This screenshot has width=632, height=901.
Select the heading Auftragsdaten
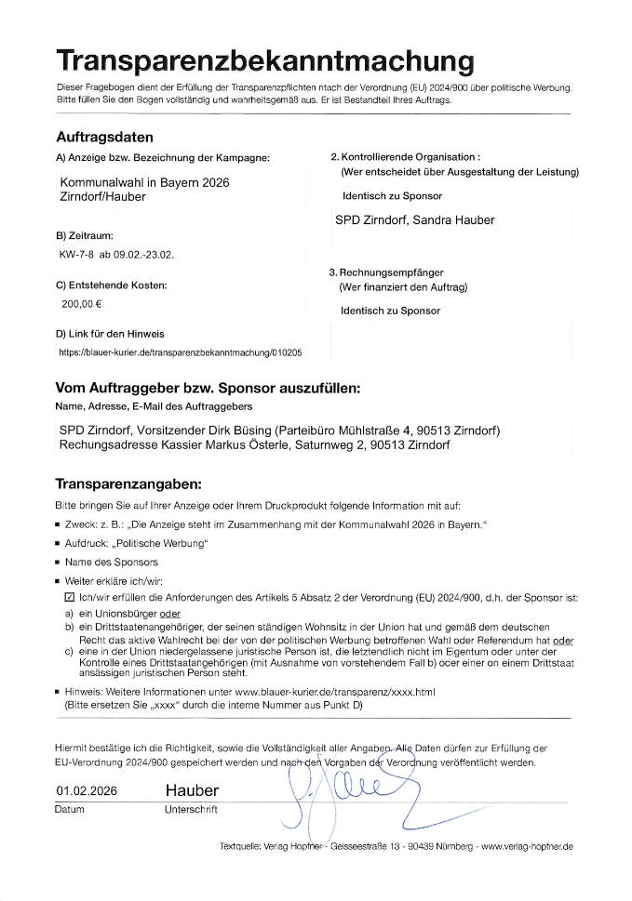pos(105,138)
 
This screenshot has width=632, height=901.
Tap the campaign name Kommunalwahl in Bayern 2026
pos(144,182)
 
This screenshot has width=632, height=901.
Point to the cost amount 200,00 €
pos(82,302)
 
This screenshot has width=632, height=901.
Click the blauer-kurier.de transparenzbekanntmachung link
pos(180,353)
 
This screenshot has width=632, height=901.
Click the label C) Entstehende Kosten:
pos(112,285)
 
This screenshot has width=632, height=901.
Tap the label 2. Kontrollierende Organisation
pos(405,158)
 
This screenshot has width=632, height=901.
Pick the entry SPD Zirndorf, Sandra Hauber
pos(414,220)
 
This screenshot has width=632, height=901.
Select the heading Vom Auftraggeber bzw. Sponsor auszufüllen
pos(208,388)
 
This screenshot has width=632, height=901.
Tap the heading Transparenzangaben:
pos(128,484)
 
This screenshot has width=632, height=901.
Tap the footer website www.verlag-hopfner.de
pos(527,847)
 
